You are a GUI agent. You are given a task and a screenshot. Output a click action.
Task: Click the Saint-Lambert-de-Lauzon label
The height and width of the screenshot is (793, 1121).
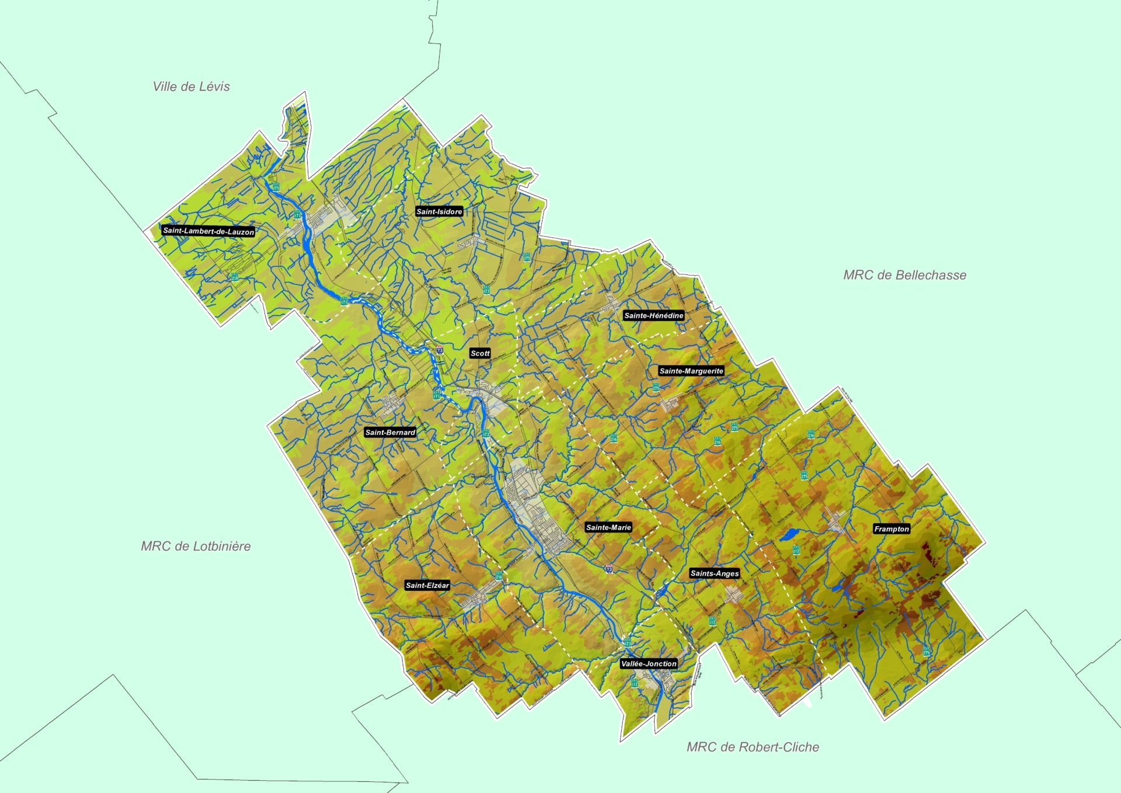click(208, 231)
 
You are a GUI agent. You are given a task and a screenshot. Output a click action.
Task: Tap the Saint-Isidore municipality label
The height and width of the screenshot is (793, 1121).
click(439, 211)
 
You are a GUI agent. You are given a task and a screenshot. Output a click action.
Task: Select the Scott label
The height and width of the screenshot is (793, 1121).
click(480, 353)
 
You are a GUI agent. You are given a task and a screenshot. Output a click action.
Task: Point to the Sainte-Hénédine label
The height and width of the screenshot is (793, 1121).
click(653, 315)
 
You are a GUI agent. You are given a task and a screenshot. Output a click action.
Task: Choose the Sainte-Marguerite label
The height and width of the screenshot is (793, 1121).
click(691, 371)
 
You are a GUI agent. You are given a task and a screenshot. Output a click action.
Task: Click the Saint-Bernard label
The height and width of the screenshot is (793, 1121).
click(390, 432)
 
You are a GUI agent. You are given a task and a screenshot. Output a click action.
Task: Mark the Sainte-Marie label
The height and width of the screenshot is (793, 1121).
click(608, 527)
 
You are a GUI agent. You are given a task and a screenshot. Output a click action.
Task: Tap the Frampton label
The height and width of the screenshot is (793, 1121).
click(891, 529)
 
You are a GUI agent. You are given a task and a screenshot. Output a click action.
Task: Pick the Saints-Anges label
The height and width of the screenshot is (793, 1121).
click(715, 573)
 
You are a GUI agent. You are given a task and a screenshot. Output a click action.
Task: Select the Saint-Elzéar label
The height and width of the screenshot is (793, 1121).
click(427, 585)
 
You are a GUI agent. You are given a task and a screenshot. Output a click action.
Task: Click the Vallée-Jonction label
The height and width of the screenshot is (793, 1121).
click(649, 664)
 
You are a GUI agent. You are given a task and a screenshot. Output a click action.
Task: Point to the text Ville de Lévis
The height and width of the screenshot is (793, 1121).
click(191, 86)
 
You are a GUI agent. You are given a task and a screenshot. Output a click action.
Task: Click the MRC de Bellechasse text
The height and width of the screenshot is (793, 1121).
click(904, 275)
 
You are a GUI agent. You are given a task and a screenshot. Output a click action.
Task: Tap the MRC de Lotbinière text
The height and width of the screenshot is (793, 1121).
click(196, 546)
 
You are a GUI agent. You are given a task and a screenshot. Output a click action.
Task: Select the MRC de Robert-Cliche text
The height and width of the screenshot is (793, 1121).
click(753, 747)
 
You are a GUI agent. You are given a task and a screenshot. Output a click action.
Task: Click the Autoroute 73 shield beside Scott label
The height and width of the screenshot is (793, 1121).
click(439, 350)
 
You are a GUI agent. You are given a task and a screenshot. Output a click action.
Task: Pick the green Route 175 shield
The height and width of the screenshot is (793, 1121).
click(276, 187)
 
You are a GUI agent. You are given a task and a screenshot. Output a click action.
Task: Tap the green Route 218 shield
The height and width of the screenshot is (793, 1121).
click(235, 277)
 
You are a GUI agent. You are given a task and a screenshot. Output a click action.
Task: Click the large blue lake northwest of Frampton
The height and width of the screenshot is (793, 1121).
click(789, 534)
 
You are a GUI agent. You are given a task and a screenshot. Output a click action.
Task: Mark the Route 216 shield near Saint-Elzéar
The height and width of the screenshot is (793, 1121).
click(499, 576)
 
